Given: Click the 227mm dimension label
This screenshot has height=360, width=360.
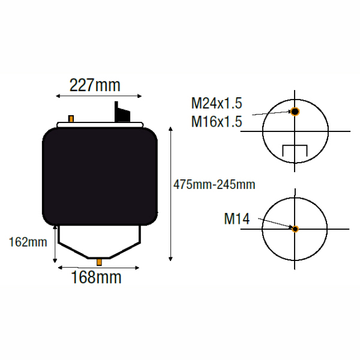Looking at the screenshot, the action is point(95,85).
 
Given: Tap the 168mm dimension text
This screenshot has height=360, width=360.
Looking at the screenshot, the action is point(96,277).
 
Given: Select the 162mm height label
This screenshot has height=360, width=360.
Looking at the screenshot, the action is point(28,242).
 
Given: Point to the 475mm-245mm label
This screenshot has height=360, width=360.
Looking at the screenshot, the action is point(214,184).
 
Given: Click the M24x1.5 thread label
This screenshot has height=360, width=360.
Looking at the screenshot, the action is point(217,103).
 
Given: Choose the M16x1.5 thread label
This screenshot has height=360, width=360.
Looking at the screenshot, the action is point(217,121).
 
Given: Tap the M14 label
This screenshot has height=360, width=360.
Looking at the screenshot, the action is point(237,219).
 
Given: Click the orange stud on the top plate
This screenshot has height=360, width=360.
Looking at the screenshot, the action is point(71,119).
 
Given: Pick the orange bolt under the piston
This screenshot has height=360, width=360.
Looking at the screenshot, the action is point(99,262).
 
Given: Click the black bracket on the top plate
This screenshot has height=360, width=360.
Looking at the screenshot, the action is point(122,112).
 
